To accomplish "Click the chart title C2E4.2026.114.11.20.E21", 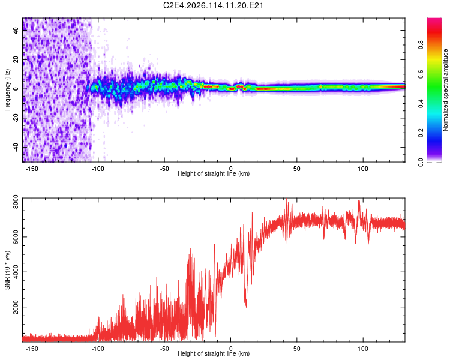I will (214, 5).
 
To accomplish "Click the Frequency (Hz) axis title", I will (8, 90).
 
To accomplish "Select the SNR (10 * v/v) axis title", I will (8, 269).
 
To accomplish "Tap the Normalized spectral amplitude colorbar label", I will (445, 90).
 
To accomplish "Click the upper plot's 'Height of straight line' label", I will (214, 174).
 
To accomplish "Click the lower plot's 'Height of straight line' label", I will (214, 354).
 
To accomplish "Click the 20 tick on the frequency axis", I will (16, 60).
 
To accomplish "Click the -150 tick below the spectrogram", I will (32, 168).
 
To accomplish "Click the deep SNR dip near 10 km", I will (246, 305).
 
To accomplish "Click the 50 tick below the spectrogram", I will (296, 168).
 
